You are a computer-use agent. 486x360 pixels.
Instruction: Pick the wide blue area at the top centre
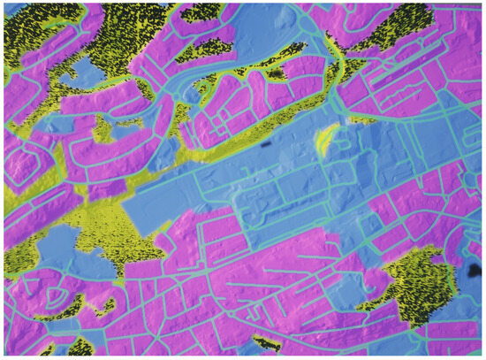[x=247, y=35]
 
